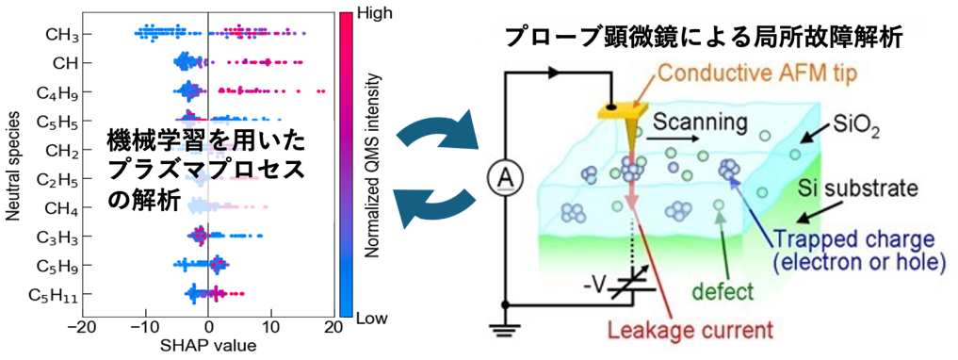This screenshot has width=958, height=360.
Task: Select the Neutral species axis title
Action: click(13, 164)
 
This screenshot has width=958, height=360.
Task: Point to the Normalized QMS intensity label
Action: click(373, 165)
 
